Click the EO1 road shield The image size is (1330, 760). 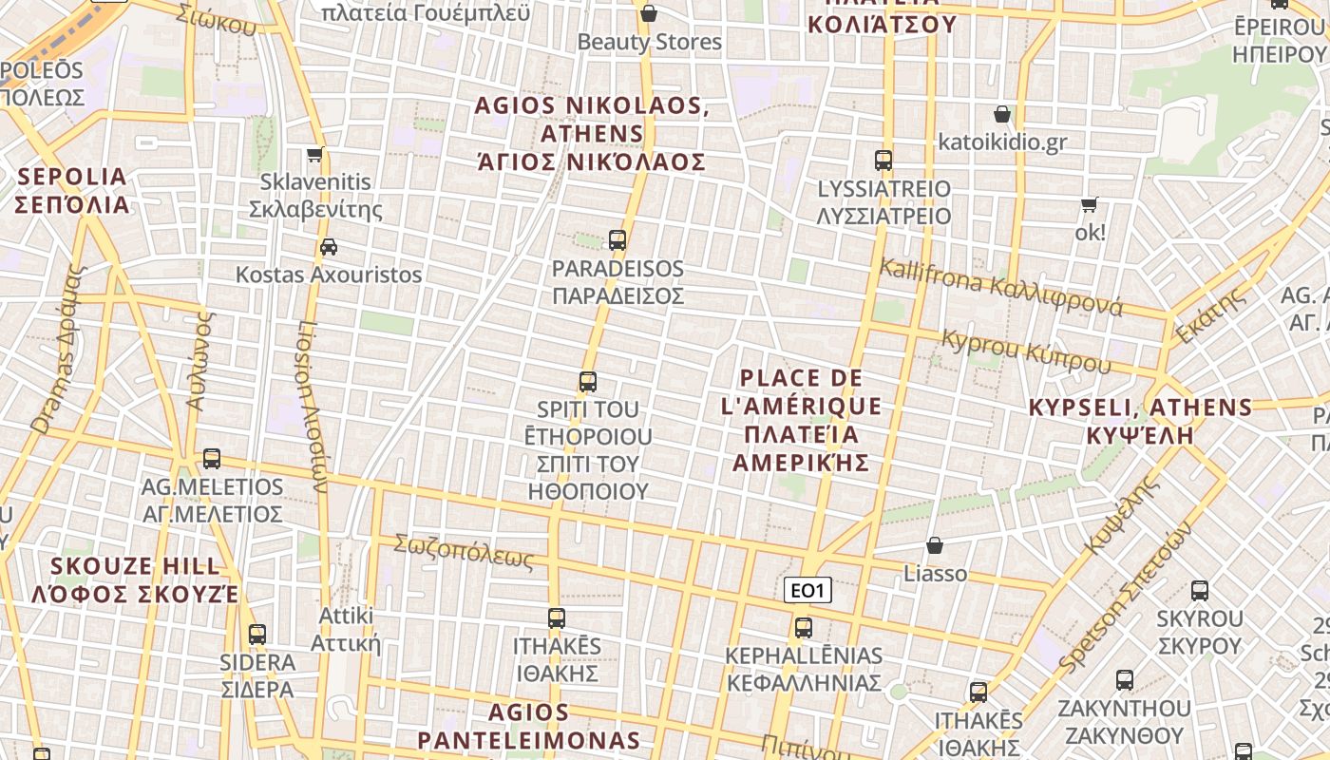tap(807, 591)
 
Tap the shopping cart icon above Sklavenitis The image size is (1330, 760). tap(315, 154)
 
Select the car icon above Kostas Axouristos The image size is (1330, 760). tap(329, 247)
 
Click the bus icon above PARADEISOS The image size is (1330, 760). tap(617, 240)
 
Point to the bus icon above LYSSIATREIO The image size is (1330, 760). tap(883, 161)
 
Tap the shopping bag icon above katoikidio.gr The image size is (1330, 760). tap(1001, 115)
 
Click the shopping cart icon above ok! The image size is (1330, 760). tap(1090, 205)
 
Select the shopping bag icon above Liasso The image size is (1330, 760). tap(935, 545)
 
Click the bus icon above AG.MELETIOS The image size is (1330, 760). tap(212, 459)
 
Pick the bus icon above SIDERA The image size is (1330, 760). tap(256, 635)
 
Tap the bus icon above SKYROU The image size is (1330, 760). tap(1200, 591)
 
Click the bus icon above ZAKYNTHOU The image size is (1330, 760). tap(1125, 680)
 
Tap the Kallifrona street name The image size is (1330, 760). tap(1000, 286)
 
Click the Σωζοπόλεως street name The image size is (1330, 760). tap(465, 551)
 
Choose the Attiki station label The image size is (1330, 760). tap(347, 629)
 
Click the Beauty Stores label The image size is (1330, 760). tap(650, 42)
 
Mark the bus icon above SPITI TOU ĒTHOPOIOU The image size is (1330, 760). tap(588, 383)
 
